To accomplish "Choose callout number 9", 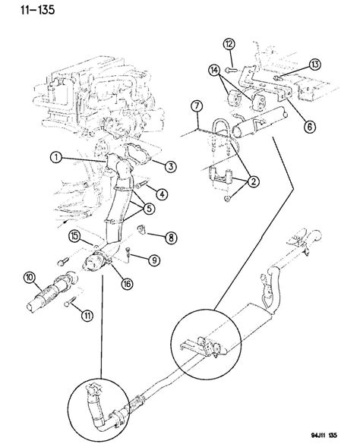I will (154, 260).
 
